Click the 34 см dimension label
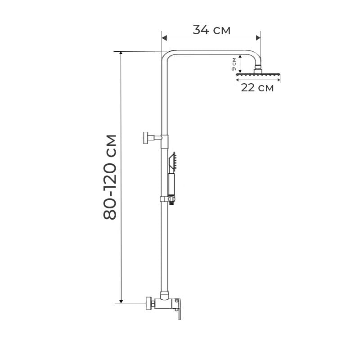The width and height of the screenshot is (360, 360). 211,30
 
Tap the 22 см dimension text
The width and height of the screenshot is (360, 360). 257,88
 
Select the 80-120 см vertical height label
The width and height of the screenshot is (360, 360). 110,176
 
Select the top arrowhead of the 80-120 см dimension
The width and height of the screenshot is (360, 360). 121,54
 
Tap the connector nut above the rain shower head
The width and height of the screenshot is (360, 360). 258,69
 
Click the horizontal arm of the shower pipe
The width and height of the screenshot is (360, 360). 211,51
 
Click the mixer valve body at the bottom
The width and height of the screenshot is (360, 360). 166,302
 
